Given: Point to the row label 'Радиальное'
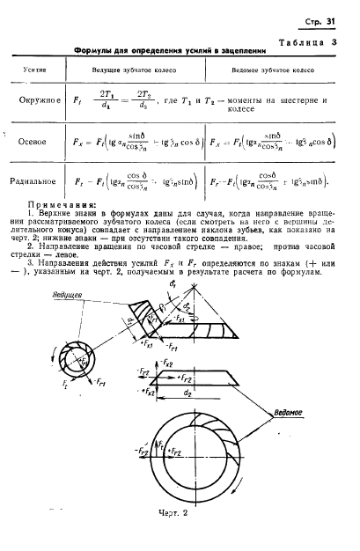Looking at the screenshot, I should pyautogui.click(x=36, y=181).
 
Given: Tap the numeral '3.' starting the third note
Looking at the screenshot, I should pyautogui.click(x=32, y=262).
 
